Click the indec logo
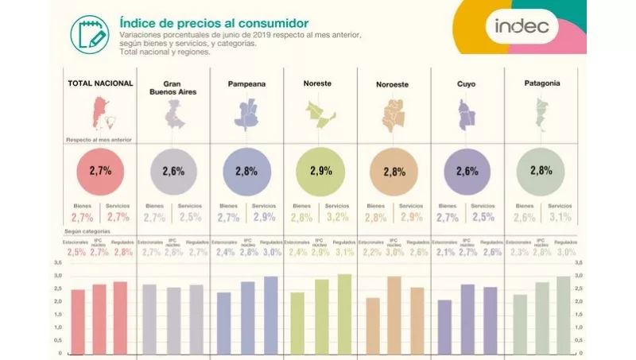click(x=522, y=26)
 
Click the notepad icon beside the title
click(x=89, y=33)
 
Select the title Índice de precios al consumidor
click(x=213, y=24)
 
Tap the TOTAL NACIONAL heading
click(x=99, y=83)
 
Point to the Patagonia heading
click(x=541, y=83)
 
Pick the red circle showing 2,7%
click(x=99, y=171)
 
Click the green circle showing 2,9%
click(x=320, y=171)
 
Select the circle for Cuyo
click(x=467, y=171)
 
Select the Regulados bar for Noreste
click(x=343, y=314)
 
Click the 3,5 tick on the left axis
click(x=57, y=262)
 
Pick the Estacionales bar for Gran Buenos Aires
click(x=149, y=319)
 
